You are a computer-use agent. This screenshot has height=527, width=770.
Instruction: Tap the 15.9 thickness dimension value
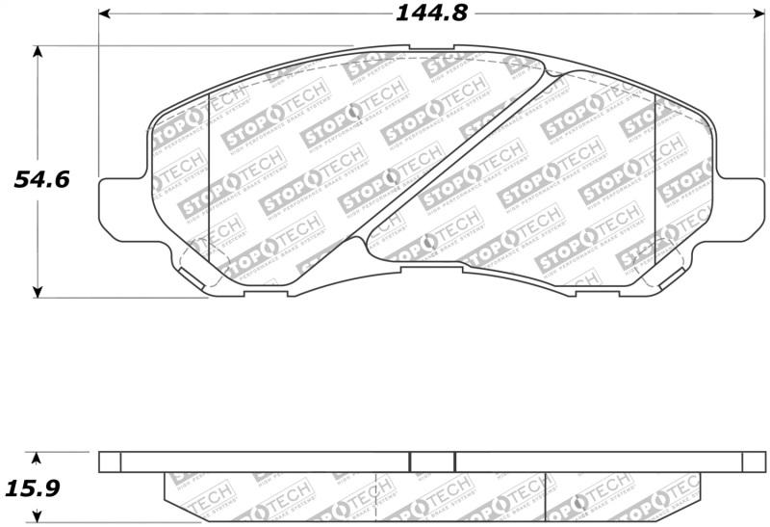[x=35, y=488]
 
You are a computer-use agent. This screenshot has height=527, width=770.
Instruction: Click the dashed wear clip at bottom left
[x=196, y=269]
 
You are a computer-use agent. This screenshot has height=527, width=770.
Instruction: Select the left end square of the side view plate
[x=111, y=461]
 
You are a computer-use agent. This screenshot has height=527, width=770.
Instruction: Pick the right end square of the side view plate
[x=751, y=461]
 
